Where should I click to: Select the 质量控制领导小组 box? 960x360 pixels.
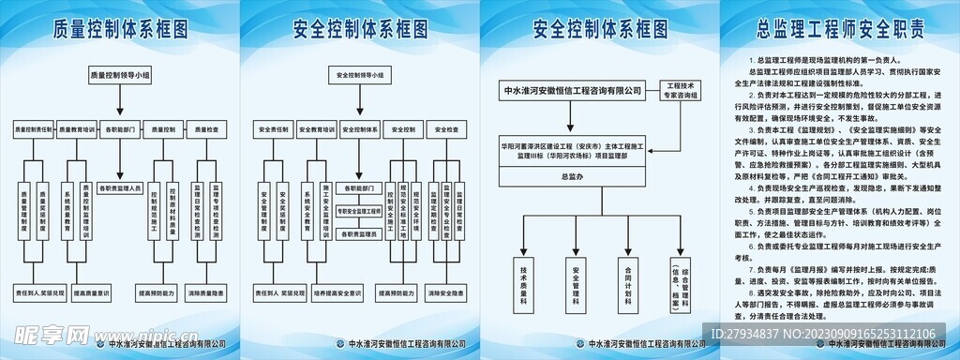pyautogui.click(x=119, y=72)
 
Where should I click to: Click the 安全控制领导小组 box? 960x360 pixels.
pyautogui.click(x=360, y=72)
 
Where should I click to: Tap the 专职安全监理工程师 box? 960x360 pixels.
pyautogui.click(x=360, y=211)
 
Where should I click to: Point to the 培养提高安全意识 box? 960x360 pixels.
pyautogui.click(x=317, y=293)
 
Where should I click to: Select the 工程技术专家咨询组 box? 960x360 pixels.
pyautogui.click(x=682, y=91)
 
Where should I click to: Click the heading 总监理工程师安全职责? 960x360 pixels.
pyautogui.click(x=838, y=28)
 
